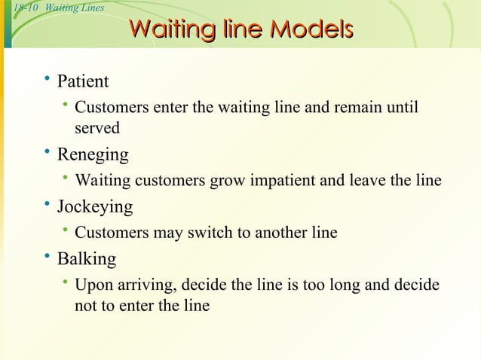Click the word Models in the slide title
pyautogui.click(x=311, y=30)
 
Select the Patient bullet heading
pyautogui.click(x=83, y=81)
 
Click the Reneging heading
pyautogui.click(x=93, y=155)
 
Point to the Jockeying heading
pyautogui.click(x=95, y=206)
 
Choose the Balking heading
pyautogui.click(x=87, y=259)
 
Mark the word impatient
pyautogui.click(x=279, y=181)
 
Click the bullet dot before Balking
pyautogui.click(x=47, y=258)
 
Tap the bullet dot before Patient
pyautogui.click(x=47, y=79)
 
